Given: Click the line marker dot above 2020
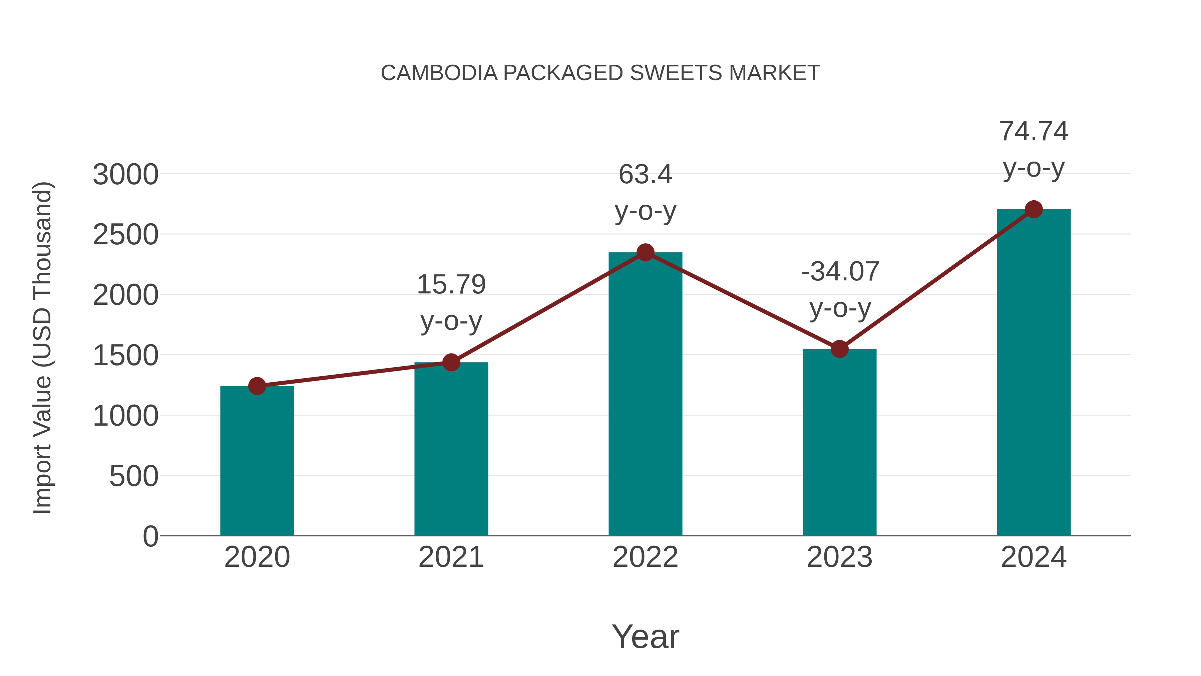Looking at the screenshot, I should coord(257,386).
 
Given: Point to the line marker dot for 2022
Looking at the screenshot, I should coord(645,252).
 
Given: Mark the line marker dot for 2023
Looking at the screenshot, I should coord(839,349).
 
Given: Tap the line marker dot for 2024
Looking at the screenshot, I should coord(1034,209).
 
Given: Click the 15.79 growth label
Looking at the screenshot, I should coord(451,284).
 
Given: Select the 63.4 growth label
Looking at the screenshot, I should coord(645,175).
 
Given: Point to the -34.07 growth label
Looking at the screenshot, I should coord(840,271).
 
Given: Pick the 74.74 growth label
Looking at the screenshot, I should coord(1034,131).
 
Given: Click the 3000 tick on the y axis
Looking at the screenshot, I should coord(125,175).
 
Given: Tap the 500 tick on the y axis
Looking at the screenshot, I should coord(134,476).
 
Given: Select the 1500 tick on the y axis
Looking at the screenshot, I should coord(125,356).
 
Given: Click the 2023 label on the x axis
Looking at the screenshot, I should coord(839,557).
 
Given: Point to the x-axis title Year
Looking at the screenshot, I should coord(645,636).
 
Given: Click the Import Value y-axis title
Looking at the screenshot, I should coord(42,348).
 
